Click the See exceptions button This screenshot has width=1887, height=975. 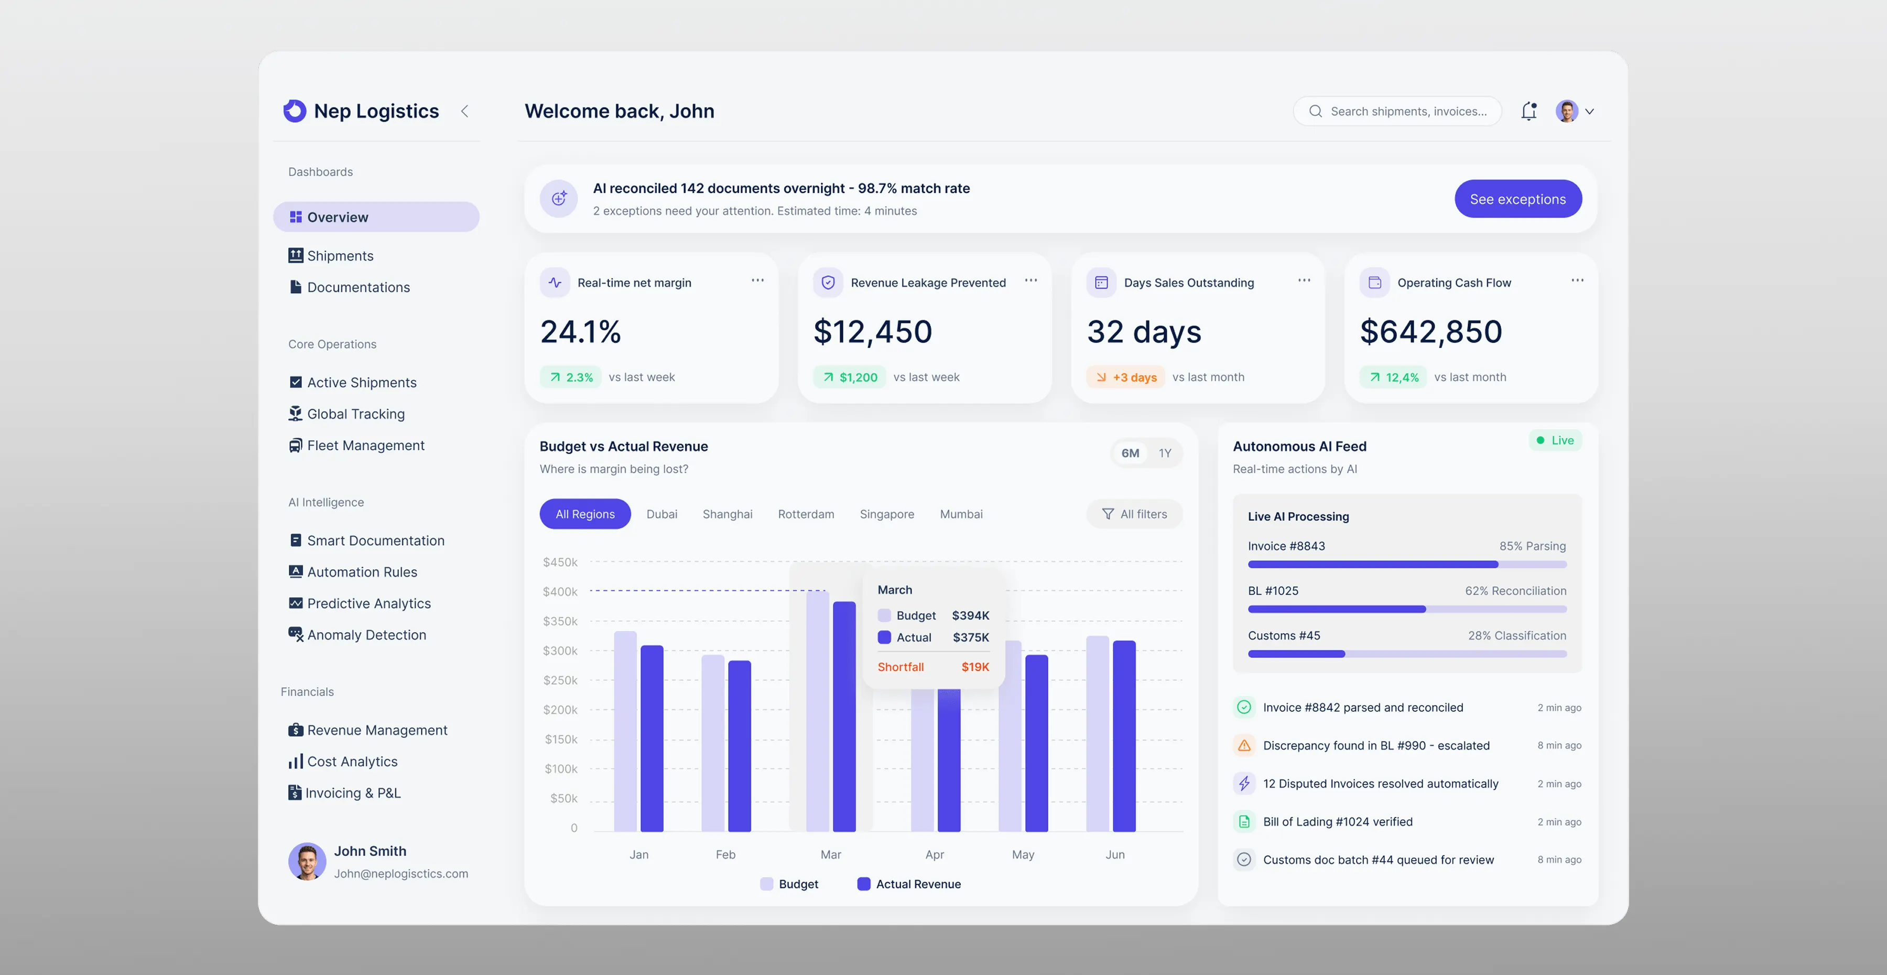(x=1518, y=199)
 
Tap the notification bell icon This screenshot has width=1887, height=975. (x=1529, y=111)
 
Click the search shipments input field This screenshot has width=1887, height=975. (x=1397, y=111)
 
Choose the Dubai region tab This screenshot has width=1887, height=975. (x=661, y=514)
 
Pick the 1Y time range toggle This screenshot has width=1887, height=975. (x=1165, y=453)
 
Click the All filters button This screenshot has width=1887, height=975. (x=1135, y=514)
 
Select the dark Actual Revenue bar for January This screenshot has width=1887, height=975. (x=652, y=739)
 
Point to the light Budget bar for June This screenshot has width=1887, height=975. (x=1097, y=734)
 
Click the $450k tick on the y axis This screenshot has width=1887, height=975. (x=560, y=562)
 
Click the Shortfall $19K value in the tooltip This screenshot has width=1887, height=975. (x=975, y=667)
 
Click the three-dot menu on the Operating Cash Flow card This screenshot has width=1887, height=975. (x=1577, y=280)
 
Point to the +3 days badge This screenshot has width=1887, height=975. (x=1126, y=377)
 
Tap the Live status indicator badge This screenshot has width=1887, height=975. (x=1555, y=440)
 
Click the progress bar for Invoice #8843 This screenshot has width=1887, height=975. (x=1407, y=565)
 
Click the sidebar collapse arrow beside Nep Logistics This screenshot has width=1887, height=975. (x=464, y=111)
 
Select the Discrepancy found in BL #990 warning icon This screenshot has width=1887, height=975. (x=1244, y=746)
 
